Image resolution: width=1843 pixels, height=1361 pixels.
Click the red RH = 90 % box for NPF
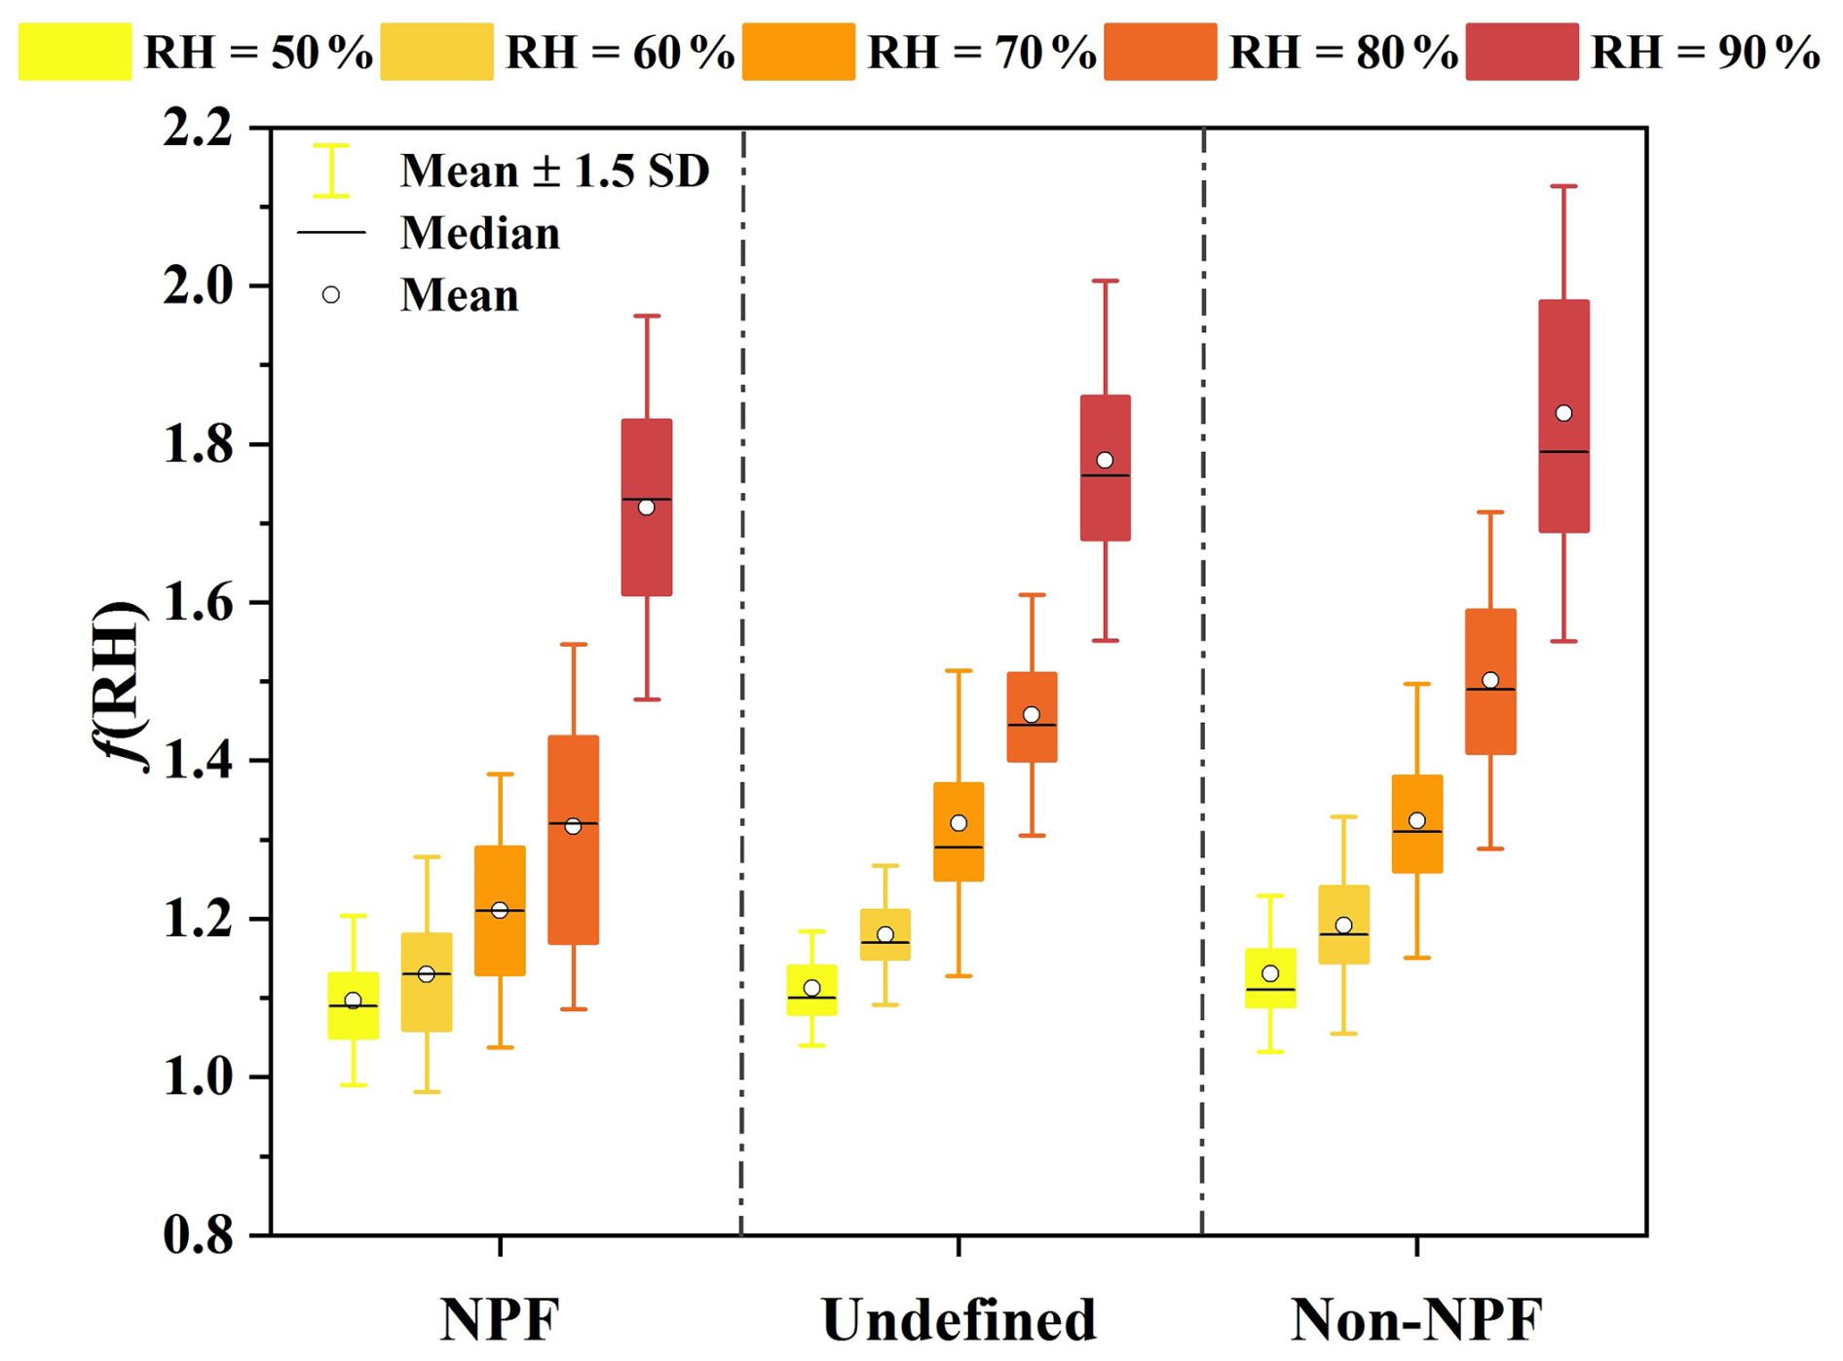[x=647, y=555]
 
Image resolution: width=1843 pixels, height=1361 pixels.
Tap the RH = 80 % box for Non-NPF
[x=1490, y=721]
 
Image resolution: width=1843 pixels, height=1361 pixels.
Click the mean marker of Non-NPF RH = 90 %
[x=1563, y=413]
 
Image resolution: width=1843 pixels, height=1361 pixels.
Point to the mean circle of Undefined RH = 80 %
[x=1032, y=714]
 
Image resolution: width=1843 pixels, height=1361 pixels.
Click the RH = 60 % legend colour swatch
[x=436, y=52]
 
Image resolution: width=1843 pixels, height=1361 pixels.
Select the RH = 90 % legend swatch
[x=1522, y=52]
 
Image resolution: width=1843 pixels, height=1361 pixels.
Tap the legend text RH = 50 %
[x=258, y=53]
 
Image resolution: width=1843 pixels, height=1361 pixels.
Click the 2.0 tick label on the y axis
[x=198, y=286]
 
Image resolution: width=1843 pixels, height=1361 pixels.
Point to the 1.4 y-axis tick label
[x=198, y=761]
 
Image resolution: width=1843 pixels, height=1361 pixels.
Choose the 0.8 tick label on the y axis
[x=198, y=1235]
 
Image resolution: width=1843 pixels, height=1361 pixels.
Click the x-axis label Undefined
[x=959, y=1320]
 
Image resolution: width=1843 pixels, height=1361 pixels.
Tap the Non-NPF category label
[x=1416, y=1320]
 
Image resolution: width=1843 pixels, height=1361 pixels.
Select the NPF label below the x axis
[x=500, y=1320]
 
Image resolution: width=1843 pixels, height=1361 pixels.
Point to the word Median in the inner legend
[x=480, y=233]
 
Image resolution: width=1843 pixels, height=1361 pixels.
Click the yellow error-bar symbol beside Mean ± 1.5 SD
[x=331, y=170]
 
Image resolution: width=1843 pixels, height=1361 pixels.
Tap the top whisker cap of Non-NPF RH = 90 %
[x=1563, y=186]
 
